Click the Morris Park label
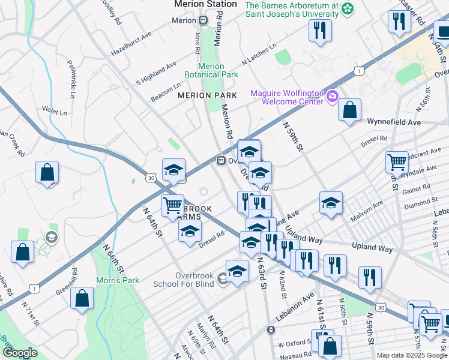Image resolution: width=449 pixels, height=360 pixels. pyautogui.click(x=118, y=280)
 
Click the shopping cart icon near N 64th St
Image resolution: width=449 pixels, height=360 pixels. pyautogui.click(x=173, y=205)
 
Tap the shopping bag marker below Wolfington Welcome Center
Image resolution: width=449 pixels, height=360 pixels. pyautogui.click(x=349, y=110)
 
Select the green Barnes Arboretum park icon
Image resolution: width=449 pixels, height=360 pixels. pyautogui.click(x=348, y=9)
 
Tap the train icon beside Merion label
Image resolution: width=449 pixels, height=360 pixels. pyautogui.click(x=203, y=20)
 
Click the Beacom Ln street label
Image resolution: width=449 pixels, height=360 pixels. pyautogui.click(x=166, y=92)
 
